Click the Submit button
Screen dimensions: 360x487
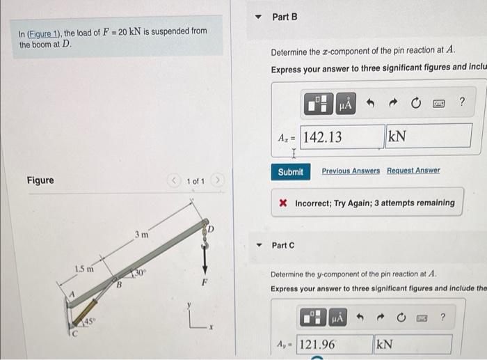(x=290, y=171)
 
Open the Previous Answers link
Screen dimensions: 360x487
(x=351, y=171)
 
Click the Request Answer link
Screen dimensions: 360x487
(x=413, y=171)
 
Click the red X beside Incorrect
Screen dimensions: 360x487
(x=283, y=203)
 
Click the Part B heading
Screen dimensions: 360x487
(x=285, y=16)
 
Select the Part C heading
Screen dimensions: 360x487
(x=283, y=245)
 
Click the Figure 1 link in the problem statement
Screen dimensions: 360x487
(x=44, y=32)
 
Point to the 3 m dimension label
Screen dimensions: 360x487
(x=141, y=235)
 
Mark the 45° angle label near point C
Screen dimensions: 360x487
(x=90, y=321)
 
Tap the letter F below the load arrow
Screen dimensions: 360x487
(x=205, y=283)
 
